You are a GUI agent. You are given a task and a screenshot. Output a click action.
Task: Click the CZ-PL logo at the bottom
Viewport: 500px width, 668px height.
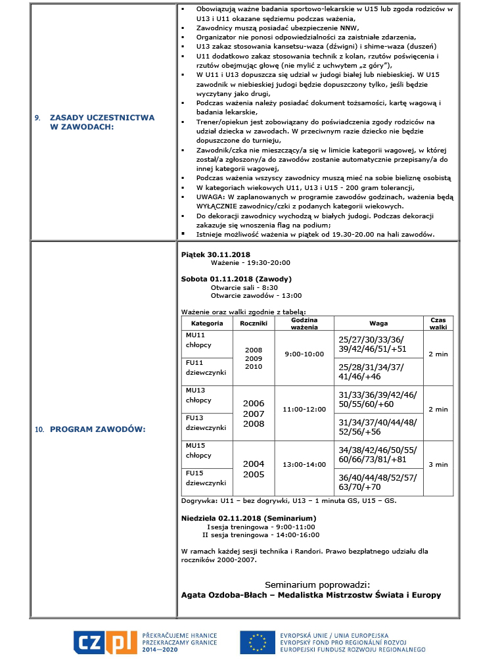coord(105,641)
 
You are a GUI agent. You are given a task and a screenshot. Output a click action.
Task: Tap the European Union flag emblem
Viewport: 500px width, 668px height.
coord(257,641)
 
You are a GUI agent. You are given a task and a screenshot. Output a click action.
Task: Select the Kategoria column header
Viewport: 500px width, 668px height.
coord(207,323)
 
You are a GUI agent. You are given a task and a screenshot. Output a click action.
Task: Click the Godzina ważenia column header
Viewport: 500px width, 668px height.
coord(304,323)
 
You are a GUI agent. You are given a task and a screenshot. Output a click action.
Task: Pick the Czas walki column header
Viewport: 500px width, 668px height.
coord(438,323)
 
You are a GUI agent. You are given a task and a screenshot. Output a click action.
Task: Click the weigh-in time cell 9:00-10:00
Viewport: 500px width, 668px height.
coord(304,354)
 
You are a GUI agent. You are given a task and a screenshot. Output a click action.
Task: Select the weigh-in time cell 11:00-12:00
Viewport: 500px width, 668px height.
coord(304,409)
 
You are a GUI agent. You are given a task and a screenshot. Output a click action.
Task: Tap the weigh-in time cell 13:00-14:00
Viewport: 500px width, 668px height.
coord(304,464)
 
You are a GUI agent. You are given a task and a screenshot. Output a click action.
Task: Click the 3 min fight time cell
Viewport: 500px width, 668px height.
coord(438,464)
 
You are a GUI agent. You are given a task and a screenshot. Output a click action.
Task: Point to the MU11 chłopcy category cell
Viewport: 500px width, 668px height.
coord(207,340)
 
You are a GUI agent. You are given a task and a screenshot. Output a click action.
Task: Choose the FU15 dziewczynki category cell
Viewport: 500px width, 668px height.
coord(207,478)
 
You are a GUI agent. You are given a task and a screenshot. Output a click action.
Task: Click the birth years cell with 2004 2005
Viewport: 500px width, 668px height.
coord(254,469)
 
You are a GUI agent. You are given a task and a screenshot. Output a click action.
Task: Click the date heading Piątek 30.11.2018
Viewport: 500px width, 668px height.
coord(216,254)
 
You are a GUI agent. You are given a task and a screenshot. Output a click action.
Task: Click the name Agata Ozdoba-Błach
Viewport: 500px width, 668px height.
coord(222,595)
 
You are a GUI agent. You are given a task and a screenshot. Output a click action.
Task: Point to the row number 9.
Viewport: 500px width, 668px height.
coord(37,118)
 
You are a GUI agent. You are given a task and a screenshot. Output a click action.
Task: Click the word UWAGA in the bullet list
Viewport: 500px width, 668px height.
coord(208,197)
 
